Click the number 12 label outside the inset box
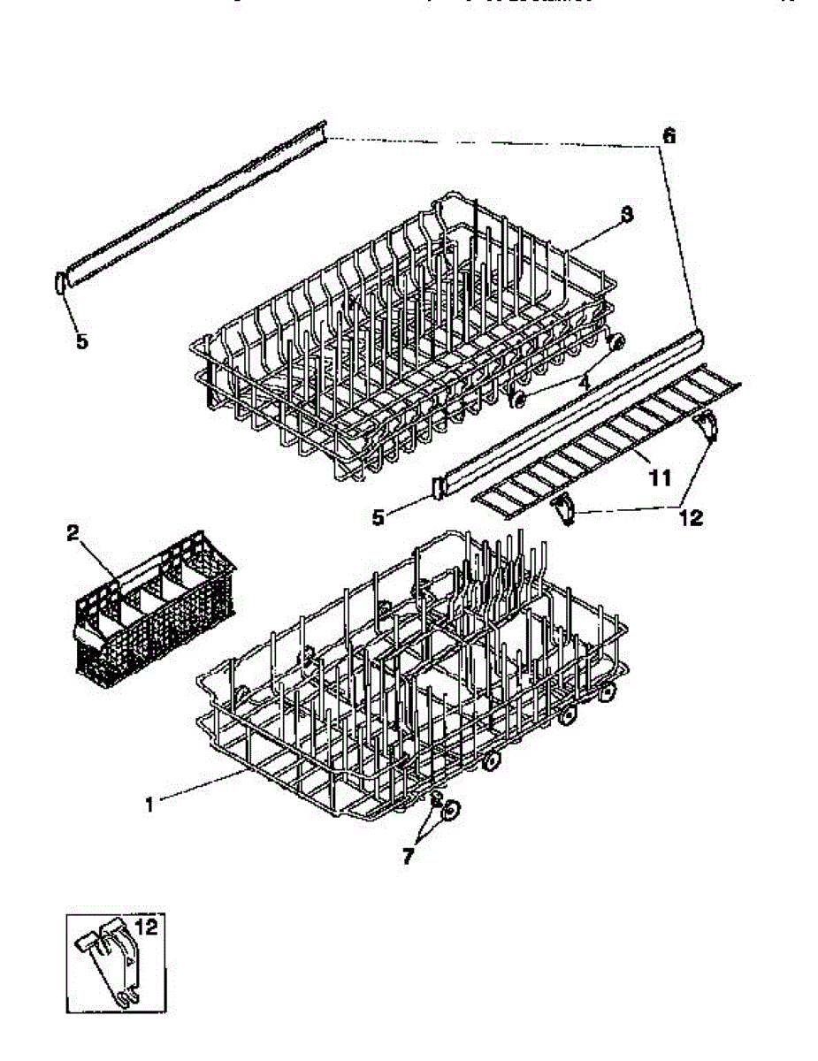[x=691, y=517]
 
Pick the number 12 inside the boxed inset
[x=147, y=928]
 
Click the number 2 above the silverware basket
[x=73, y=533]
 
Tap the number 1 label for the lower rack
[x=150, y=804]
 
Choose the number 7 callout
[x=408, y=856]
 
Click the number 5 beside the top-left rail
[x=81, y=340]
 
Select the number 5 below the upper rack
[x=378, y=517]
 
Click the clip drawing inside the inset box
[x=111, y=964]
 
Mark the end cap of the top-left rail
[x=60, y=283]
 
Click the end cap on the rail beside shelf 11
[x=436, y=487]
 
